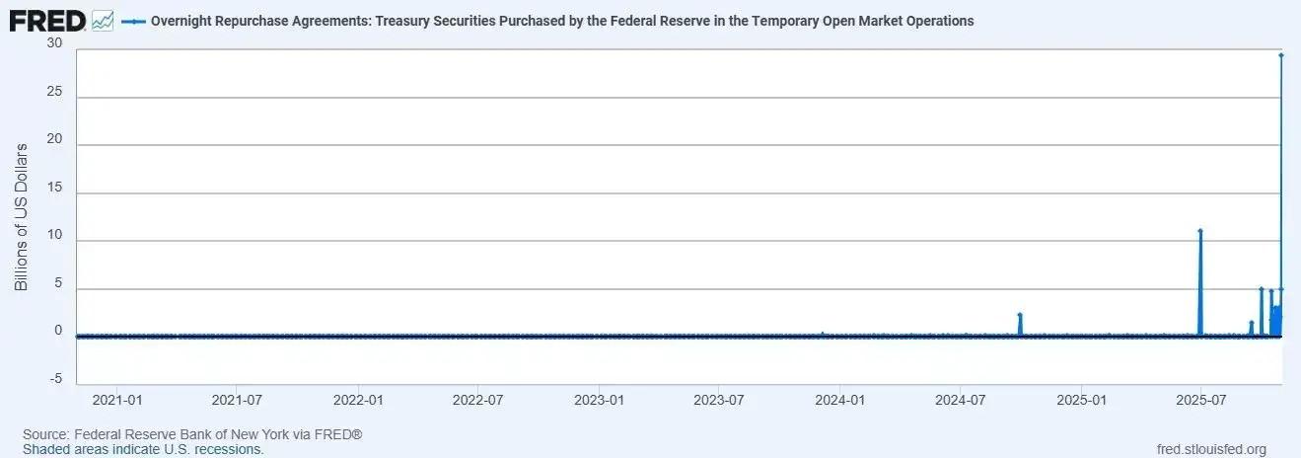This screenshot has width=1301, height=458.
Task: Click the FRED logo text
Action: (x=47, y=20)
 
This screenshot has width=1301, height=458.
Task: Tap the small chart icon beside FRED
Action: (x=102, y=20)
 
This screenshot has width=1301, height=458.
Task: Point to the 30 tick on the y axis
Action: (x=54, y=44)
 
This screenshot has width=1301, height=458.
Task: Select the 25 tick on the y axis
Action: (x=54, y=93)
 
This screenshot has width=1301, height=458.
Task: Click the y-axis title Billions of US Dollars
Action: (x=21, y=216)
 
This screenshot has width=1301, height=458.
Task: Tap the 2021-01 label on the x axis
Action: (x=117, y=401)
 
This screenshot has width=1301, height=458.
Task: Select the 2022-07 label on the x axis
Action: (x=478, y=401)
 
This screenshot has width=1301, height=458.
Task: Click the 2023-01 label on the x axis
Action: (x=600, y=401)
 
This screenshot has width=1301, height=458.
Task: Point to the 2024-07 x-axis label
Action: (x=962, y=401)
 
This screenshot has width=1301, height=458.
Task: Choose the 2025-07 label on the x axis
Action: (x=1201, y=401)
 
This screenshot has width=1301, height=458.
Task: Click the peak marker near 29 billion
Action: (x=1280, y=55)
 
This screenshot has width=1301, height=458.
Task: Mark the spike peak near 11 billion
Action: (x=1200, y=231)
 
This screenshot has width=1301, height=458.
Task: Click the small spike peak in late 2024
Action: (x=1020, y=315)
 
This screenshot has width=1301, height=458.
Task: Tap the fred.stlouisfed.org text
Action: (x=1211, y=449)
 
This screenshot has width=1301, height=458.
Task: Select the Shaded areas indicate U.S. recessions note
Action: (x=143, y=449)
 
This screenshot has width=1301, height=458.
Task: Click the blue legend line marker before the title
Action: (x=133, y=21)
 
